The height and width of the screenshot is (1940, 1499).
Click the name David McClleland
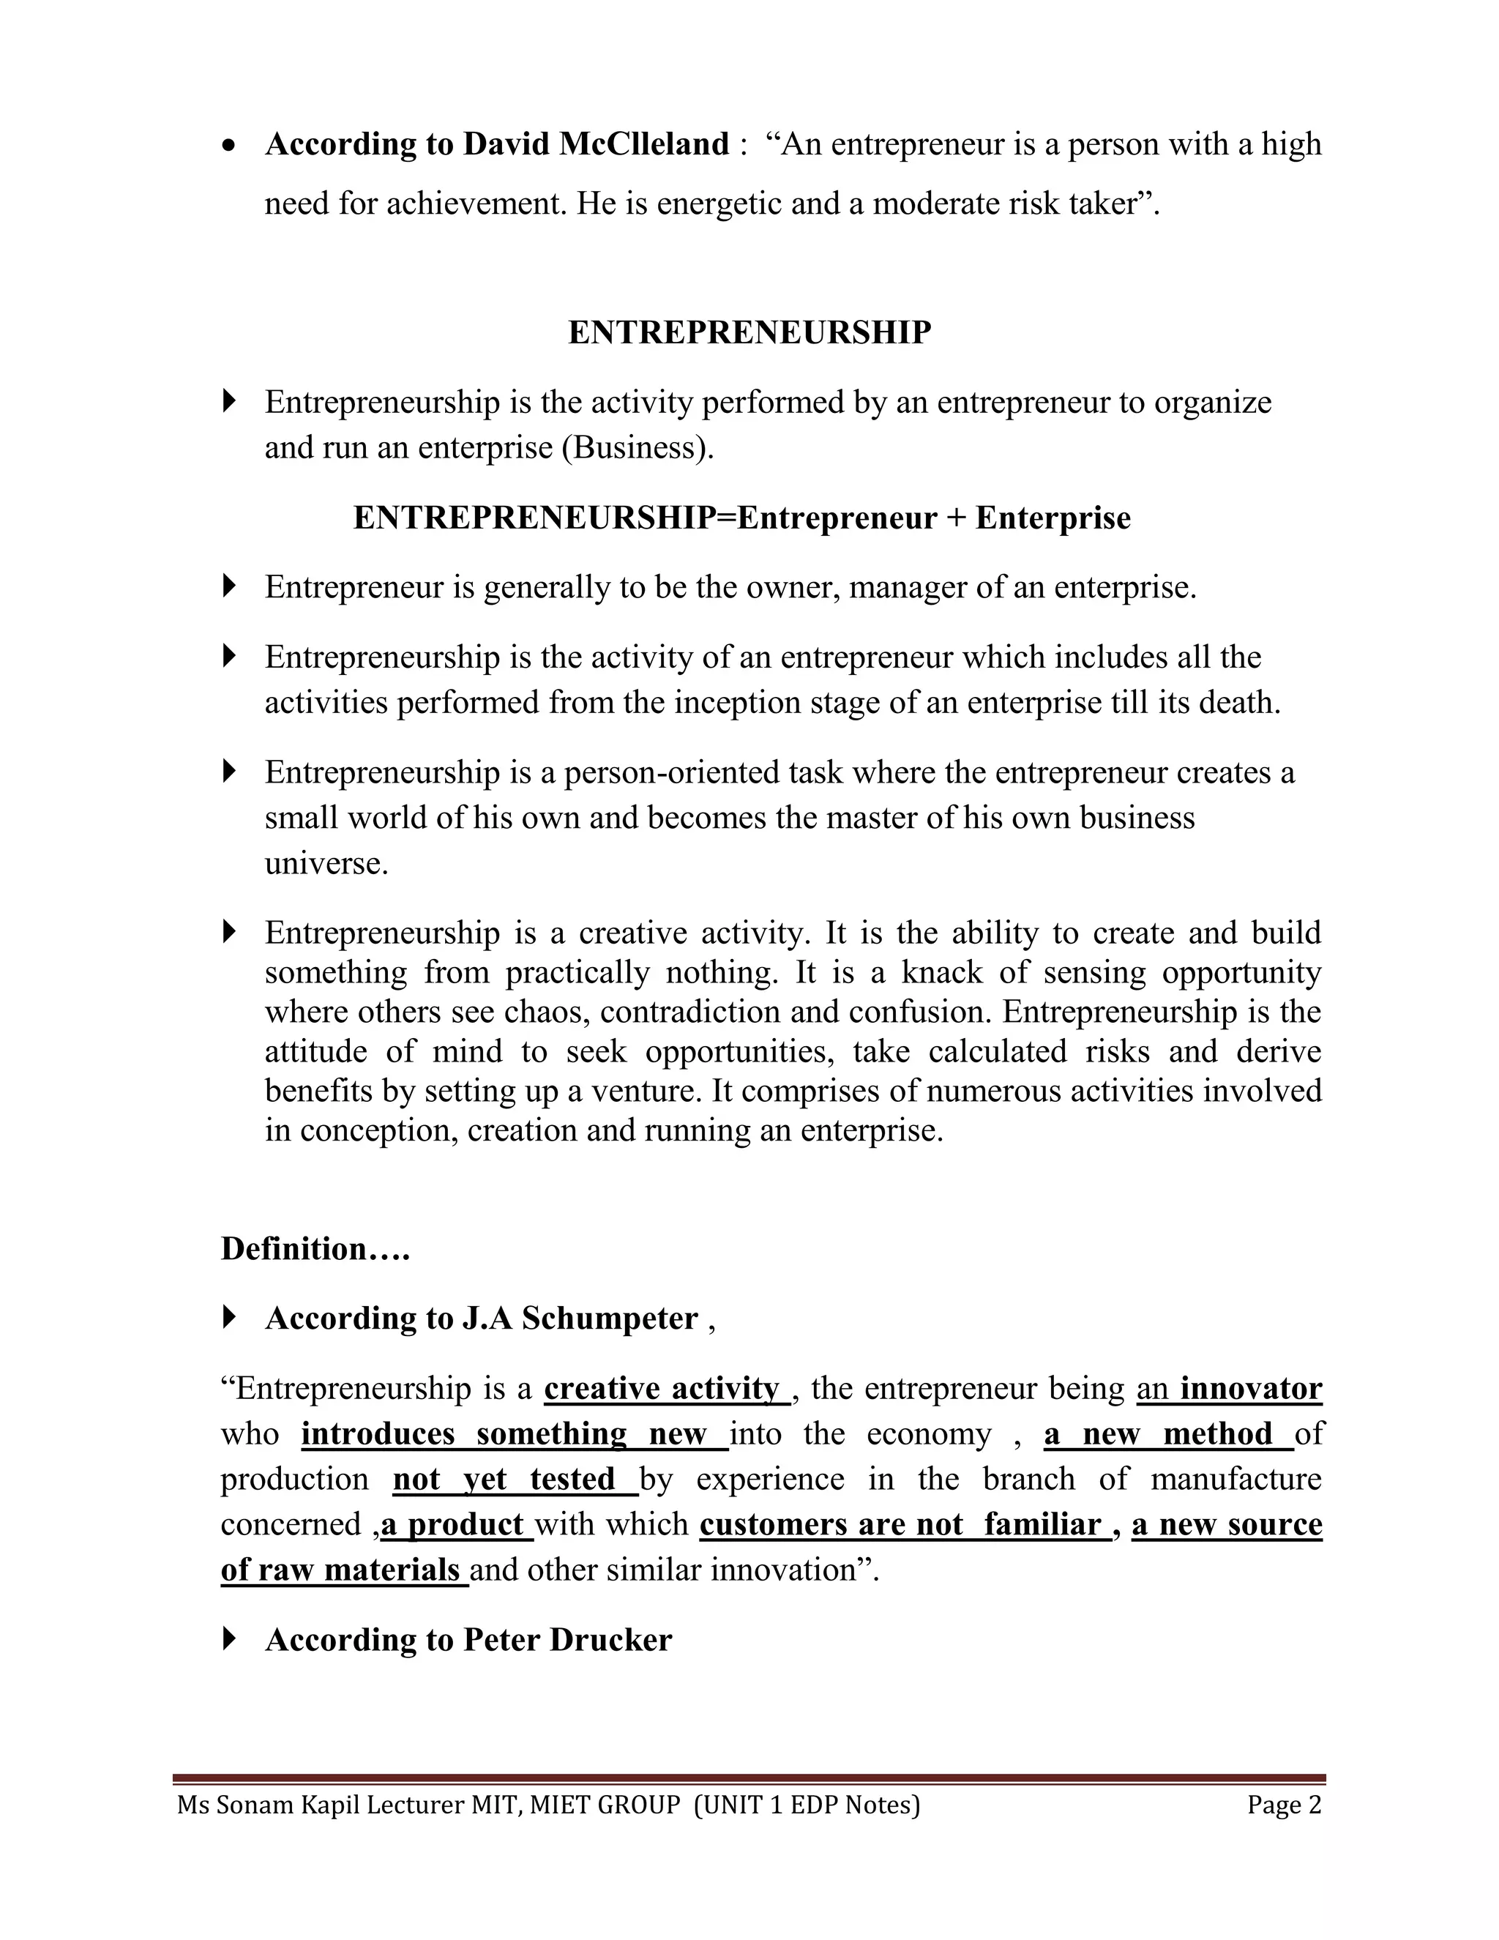[x=595, y=144]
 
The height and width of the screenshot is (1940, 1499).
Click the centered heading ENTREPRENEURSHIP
[x=749, y=332]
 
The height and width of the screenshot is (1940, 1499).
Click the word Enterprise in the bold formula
[x=1053, y=518]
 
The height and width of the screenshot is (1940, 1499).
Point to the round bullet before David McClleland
[x=230, y=146]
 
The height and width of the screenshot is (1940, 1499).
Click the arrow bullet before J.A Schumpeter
[x=229, y=1316]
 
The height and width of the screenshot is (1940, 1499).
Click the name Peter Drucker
[x=567, y=1640]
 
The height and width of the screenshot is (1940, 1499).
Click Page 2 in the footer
[x=1283, y=1805]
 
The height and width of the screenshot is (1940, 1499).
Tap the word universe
[x=326, y=863]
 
